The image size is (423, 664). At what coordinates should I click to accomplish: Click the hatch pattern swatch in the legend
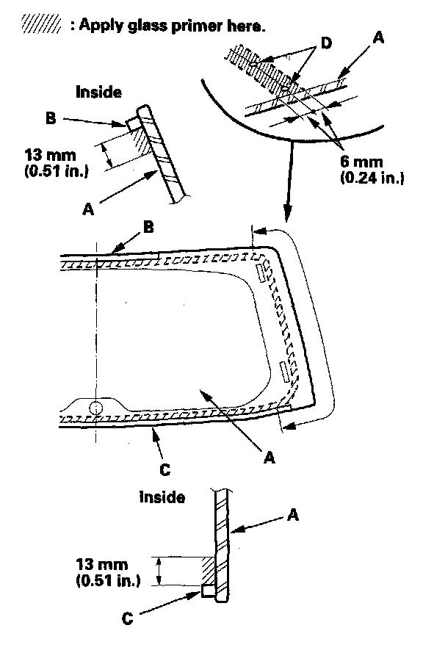click(x=40, y=24)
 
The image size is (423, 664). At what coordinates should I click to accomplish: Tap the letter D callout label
click(x=326, y=43)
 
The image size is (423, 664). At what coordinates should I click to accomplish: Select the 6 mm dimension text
click(x=361, y=162)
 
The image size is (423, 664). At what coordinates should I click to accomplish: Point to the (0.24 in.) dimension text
click(x=372, y=178)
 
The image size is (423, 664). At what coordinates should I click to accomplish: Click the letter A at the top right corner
click(x=378, y=37)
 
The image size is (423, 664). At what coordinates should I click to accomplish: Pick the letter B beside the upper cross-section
click(x=51, y=118)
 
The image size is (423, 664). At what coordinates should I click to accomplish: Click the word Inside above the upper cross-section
click(x=98, y=92)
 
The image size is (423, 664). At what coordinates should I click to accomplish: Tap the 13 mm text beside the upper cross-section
click(x=50, y=154)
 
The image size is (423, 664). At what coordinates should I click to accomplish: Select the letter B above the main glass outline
click(x=148, y=227)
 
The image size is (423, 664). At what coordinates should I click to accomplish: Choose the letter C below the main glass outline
click(x=165, y=469)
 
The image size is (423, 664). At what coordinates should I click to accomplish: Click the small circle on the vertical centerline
click(x=96, y=408)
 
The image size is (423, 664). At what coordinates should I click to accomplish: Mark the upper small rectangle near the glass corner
click(x=259, y=273)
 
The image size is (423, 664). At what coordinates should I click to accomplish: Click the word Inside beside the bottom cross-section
click(x=162, y=497)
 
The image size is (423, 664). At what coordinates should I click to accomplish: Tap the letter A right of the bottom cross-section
click(x=293, y=515)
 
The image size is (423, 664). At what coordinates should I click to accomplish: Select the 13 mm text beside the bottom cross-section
click(x=101, y=565)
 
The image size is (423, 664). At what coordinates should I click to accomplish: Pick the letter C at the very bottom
click(x=127, y=618)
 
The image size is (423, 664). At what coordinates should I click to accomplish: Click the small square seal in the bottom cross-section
click(x=206, y=591)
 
